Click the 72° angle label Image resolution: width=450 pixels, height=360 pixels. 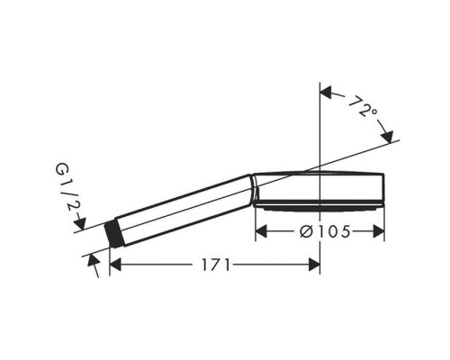[363, 107]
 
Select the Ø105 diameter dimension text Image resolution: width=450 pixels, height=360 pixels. [325, 231]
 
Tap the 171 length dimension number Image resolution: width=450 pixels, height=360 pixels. [215, 265]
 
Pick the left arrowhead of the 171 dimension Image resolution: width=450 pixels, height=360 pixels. [115, 265]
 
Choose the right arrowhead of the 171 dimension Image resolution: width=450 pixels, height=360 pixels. [314, 265]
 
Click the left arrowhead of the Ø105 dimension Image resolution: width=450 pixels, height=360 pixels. [261, 231]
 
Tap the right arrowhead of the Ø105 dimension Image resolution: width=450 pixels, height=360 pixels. [379, 231]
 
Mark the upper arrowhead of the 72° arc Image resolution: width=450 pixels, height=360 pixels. [326, 92]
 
